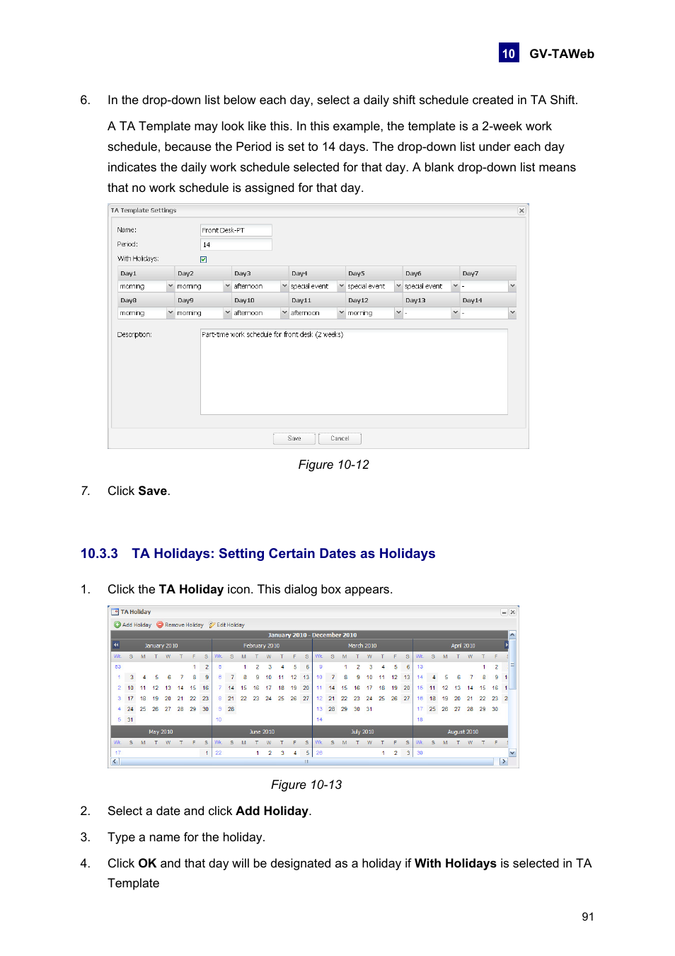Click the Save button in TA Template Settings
click(294, 438)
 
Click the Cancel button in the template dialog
click(340, 438)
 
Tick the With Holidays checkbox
click(204, 259)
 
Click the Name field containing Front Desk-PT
click(236, 230)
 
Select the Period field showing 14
click(236, 244)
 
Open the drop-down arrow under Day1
click(171, 286)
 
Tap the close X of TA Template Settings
click(521, 210)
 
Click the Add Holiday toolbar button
click(133, 625)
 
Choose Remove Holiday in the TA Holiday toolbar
click(180, 625)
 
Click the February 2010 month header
click(261, 646)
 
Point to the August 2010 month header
click(463, 732)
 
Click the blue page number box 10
click(509, 53)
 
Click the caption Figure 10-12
click(333, 465)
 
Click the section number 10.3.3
click(99, 554)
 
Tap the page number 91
click(587, 916)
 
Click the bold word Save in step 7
click(152, 491)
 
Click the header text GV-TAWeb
click(561, 54)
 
